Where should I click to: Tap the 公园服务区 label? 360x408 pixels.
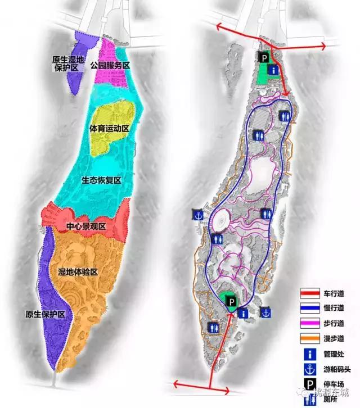pyautogui.click(x=110, y=66)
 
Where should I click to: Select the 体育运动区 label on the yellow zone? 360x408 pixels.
pyautogui.click(x=110, y=129)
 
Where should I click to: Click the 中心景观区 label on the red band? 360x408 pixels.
pyautogui.click(x=86, y=226)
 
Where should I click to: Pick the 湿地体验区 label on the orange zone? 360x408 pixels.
pyautogui.click(x=78, y=272)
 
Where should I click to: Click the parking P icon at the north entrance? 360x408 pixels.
pyautogui.click(x=263, y=57)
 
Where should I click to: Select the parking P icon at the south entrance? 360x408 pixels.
pyautogui.click(x=231, y=304)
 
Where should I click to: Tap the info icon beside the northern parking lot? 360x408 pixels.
pyautogui.click(x=273, y=70)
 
